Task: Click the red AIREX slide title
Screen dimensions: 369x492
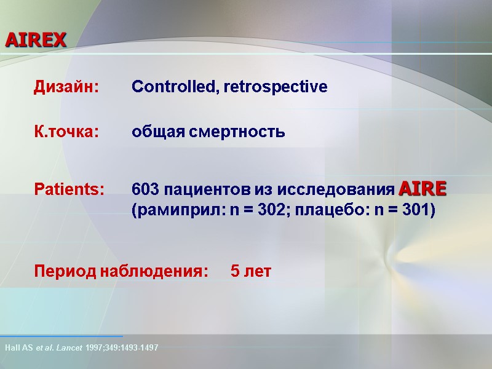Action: pos(36,41)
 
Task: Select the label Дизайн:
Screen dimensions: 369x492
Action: pos(66,87)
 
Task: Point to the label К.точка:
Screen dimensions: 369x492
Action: pos(65,132)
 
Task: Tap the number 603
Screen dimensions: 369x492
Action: pos(145,188)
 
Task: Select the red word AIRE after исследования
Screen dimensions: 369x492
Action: pos(423,187)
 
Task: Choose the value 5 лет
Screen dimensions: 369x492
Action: pos(250,271)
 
